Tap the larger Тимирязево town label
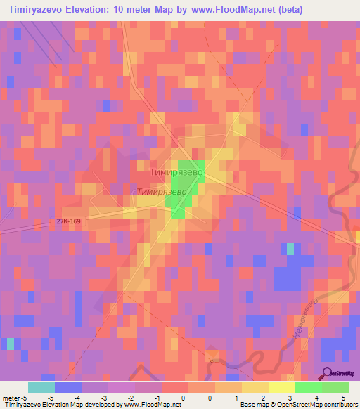coord(176,171)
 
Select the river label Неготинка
coord(304,320)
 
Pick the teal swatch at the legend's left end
coord(41,387)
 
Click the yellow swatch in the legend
coord(255,387)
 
